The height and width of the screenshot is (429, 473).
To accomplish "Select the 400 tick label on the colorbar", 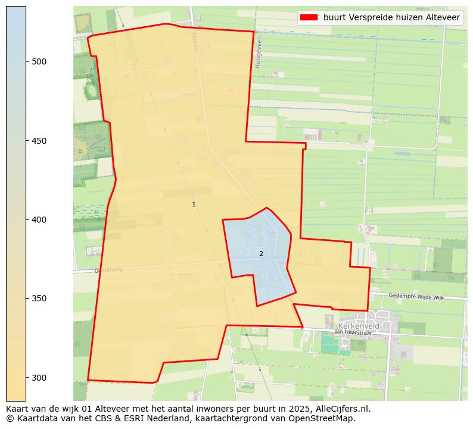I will [x=39, y=220].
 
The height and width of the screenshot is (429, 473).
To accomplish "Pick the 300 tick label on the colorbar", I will [x=39, y=378].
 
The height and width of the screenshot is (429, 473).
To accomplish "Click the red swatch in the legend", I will [x=309, y=17].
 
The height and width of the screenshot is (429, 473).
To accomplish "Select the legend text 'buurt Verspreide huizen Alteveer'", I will [x=391, y=17].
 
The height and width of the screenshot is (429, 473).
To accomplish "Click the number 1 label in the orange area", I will [x=194, y=204].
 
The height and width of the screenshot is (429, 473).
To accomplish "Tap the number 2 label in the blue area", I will [x=261, y=254].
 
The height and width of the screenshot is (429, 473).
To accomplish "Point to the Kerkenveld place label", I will [x=359, y=326].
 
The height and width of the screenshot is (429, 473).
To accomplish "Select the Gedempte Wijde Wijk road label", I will [x=416, y=297].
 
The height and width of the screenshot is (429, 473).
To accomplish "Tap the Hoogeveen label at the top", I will [x=259, y=52].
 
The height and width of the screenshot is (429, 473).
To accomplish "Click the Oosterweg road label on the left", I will [x=108, y=270].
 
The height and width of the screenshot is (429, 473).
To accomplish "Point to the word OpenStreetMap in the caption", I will [x=325, y=418].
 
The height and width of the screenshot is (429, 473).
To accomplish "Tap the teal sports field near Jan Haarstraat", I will [x=329, y=344].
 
